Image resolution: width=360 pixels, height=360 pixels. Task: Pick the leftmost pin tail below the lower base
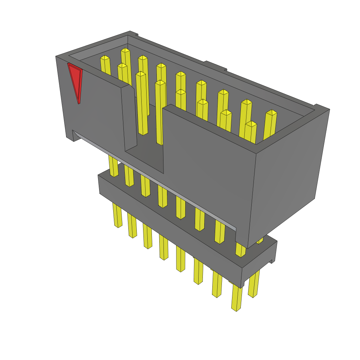(x=117, y=214)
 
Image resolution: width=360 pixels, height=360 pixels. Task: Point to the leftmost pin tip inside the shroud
(x=105, y=58)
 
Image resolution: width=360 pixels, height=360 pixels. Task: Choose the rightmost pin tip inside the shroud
(x=271, y=112)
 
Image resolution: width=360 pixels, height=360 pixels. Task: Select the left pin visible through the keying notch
(x=142, y=105)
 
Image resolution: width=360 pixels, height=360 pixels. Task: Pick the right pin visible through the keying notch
(x=160, y=112)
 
